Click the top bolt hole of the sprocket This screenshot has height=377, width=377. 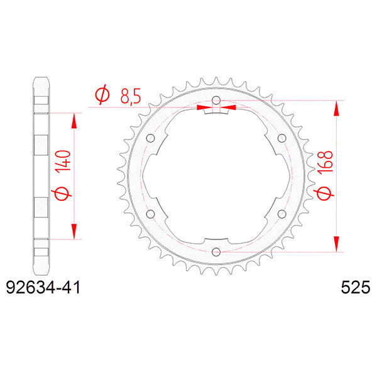tap(216, 101)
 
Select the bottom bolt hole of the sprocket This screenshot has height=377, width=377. tap(216, 252)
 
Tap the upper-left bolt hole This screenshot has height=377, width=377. tap(150, 138)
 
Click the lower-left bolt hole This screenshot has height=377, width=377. tap(150, 214)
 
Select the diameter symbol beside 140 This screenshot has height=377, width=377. tap(63, 195)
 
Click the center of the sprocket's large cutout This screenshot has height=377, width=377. tap(216, 177)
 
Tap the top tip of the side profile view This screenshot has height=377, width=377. tap(41, 79)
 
